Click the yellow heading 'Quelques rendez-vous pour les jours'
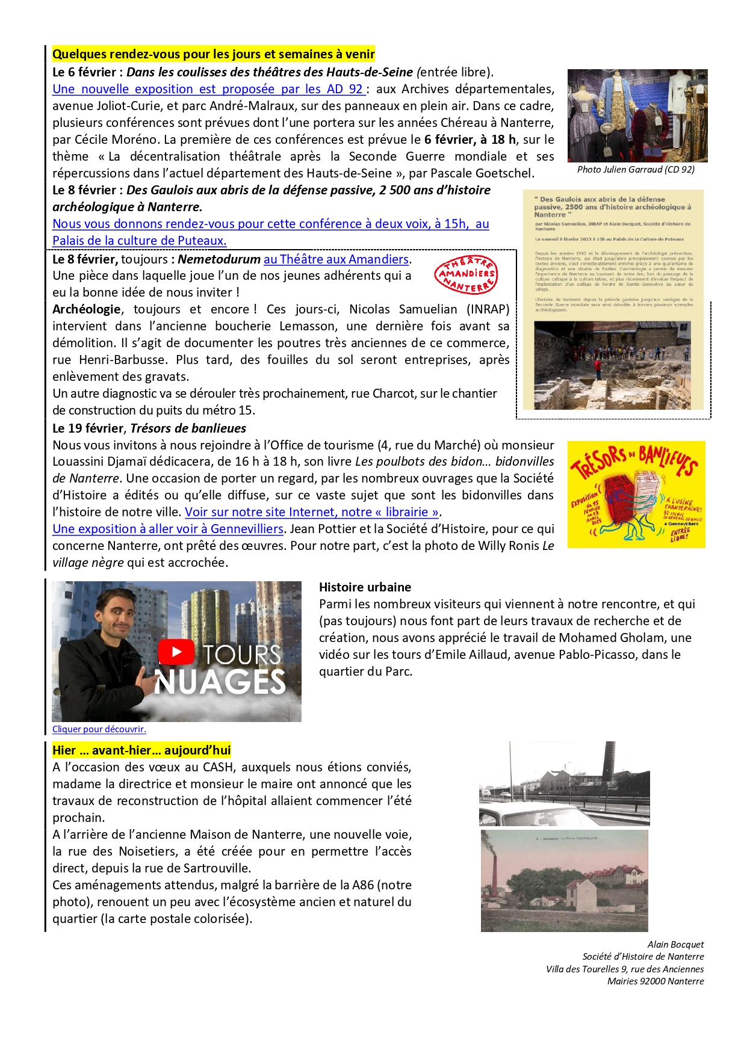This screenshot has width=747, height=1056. (x=213, y=54)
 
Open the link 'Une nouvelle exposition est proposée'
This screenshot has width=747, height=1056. (x=208, y=89)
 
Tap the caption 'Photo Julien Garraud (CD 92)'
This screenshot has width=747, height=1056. (x=636, y=170)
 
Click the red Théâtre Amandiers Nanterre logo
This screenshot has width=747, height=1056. (x=466, y=275)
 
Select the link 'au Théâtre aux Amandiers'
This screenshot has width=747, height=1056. (x=336, y=259)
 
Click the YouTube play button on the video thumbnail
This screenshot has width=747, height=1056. (x=176, y=652)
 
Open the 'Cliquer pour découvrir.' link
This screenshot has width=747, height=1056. (x=99, y=729)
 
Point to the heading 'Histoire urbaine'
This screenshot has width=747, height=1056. (x=365, y=587)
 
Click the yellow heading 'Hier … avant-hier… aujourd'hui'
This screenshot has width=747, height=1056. (x=141, y=750)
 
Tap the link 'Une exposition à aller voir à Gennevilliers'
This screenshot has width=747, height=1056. (x=167, y=529)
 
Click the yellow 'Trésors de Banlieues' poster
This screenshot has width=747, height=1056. (x=636, y=495)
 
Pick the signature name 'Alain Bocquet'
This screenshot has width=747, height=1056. (x=675, y=945)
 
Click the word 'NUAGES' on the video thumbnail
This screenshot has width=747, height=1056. (x=220, y=682)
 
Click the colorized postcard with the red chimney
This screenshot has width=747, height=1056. (x=564, y=881)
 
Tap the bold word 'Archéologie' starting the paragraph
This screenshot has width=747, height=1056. (x=87, y=309)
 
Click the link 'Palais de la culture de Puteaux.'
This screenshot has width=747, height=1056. (x=139, y=241)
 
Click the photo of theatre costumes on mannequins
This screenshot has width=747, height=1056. (x=637, y=116)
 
